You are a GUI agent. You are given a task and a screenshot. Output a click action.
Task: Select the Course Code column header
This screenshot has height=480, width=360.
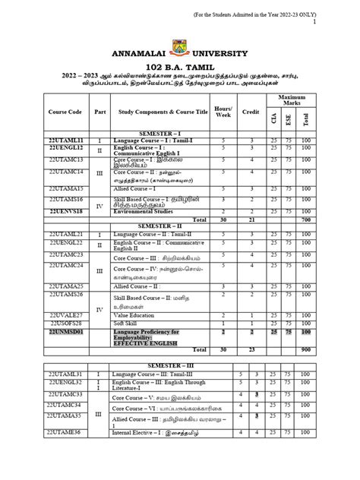click(x=65, y=111)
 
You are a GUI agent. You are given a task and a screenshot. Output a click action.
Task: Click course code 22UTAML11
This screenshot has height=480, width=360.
click(x=65, y=141)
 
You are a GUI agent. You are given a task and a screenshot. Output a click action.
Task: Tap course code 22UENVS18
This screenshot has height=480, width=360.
click(x=65, y=212)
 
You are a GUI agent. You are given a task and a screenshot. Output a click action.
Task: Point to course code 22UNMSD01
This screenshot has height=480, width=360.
click(x=65, y=333)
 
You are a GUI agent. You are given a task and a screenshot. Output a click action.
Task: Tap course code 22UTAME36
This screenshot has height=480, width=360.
click(x=65, y=453)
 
